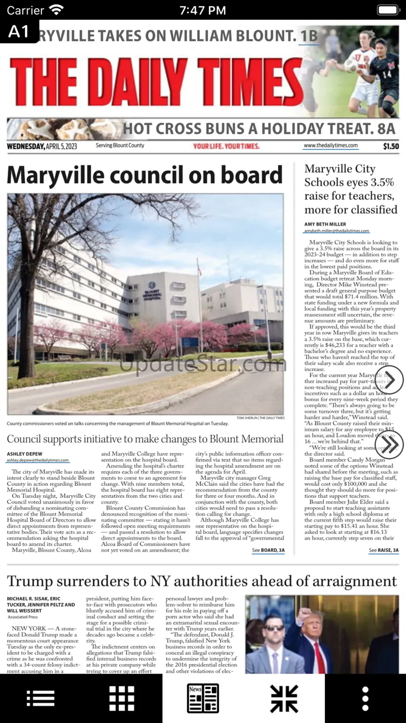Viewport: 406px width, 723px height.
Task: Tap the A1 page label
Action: [x=19, y=32]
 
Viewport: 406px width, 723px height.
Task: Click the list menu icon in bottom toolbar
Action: [x=41, y=699]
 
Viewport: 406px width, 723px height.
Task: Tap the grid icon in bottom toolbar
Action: [x=122, y=699]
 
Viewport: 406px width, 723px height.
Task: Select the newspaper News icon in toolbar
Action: [x=203, y=699]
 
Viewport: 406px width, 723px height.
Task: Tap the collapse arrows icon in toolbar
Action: [x=284, y=699]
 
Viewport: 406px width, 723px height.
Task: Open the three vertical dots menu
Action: [x=365, y=699]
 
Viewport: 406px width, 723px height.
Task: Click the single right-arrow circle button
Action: [x=389, y=379]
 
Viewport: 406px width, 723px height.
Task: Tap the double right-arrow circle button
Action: [x=389, y=445]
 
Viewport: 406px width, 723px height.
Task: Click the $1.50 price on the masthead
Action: [x=391, y=146]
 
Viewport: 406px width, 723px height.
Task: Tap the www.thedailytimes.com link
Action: [x=331, y=146]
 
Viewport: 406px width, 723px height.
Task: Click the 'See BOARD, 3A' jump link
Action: [x=268, y=550]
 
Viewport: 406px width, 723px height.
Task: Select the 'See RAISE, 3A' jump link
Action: [x=384, y=550]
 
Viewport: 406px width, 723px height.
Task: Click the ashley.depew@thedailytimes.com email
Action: [x=37, y=460]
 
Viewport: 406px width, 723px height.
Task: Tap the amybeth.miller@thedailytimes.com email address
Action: [x=337, y=230]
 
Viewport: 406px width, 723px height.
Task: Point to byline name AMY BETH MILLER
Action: [x=325, y=224]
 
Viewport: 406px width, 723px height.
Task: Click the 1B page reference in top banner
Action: [x=309, y=35]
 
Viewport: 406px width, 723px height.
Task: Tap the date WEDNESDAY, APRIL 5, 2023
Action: [x=42, y=146]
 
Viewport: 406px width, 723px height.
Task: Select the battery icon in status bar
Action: [x=388, y=10]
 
